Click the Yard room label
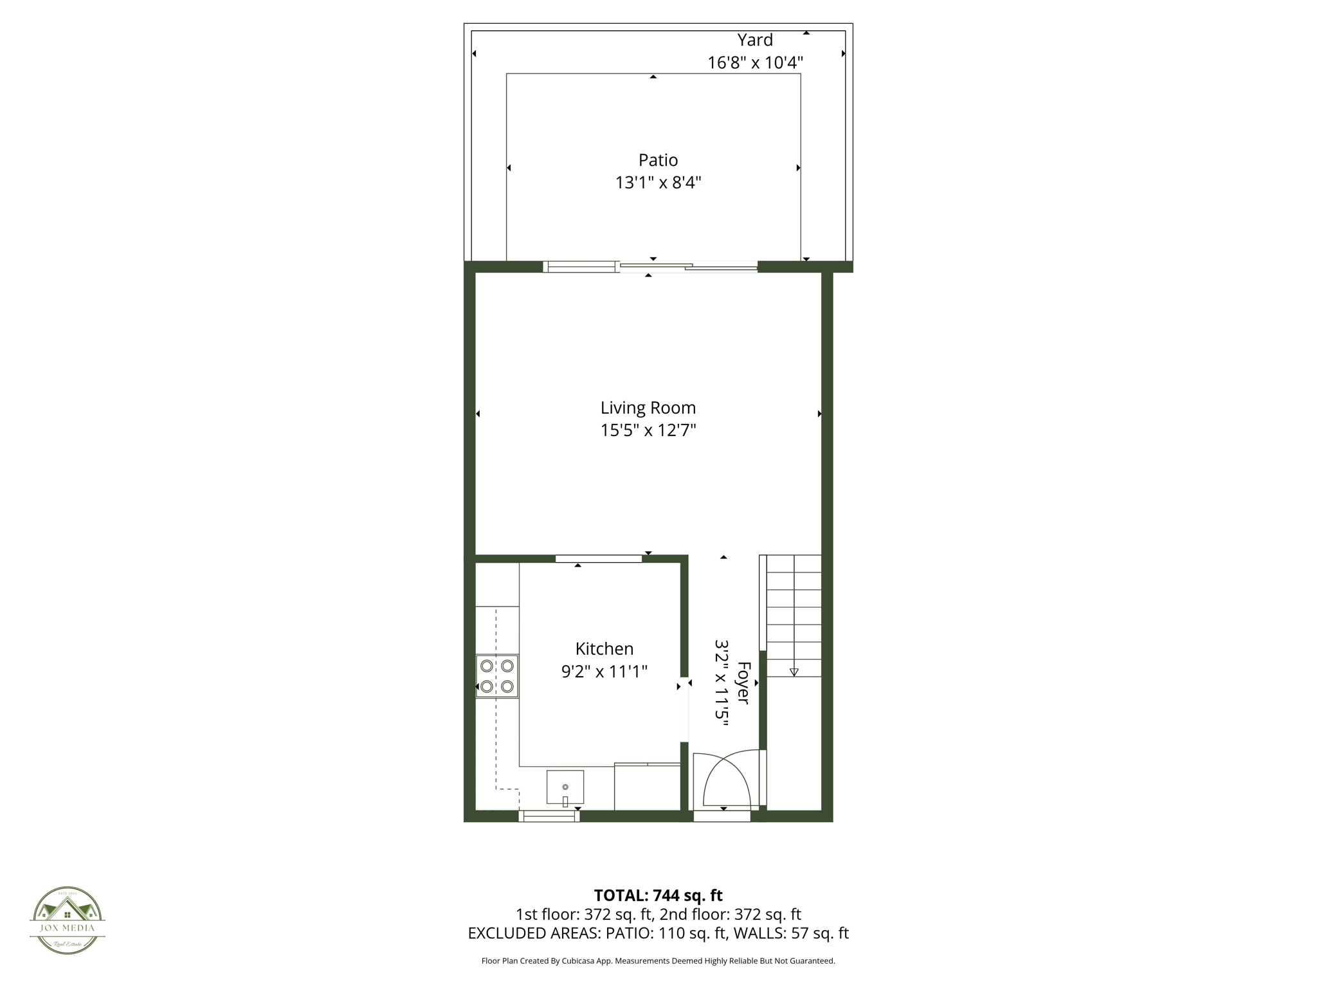[x=755, y=40]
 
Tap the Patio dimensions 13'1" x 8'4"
[x=658, y=183]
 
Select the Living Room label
[x=648, y=408]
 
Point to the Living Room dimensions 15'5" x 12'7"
[x=648, y=430]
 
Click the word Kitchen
[x=604, y=648]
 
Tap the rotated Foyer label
[x=743, y=682]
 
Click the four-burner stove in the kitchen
[x=497, y=676]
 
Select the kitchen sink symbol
[x=565, y=787]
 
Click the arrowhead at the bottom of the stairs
[x=794, y=672]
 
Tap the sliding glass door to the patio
[x=651, y=267]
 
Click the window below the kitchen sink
[x=549, y=816]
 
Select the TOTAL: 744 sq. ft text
[x=658, y=895]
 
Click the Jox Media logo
[x=68, y=920]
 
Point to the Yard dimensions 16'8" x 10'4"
[x=755, y=63]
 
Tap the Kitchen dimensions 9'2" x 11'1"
[x=604, y=672]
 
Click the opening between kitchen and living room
[x=599, y=558]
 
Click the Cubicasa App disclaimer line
[x=658, y=961]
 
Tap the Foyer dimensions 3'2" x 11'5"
[x=722, y=682]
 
